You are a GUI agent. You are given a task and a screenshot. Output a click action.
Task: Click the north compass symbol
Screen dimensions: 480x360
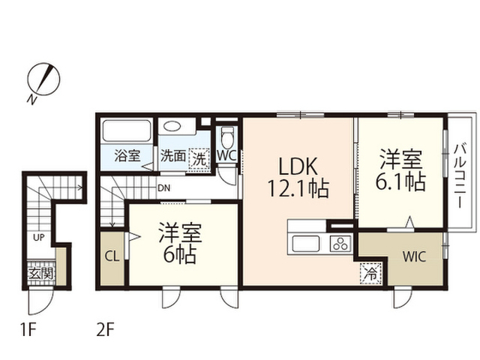[43, 79]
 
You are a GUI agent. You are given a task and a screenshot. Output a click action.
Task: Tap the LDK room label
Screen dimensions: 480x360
[298, 166]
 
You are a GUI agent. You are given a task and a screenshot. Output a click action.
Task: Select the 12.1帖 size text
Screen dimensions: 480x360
[298, 188]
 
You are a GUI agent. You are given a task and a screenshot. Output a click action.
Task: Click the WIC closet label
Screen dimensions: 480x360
[414, 256]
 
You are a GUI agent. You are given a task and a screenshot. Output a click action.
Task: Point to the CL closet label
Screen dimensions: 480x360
[112, 256]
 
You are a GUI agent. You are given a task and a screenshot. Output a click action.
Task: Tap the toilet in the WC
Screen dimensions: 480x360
[227, 138]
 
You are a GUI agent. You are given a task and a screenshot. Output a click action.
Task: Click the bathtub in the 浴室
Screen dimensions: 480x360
[127, 130]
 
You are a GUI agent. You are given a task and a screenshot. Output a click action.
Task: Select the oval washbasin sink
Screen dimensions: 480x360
[172, 126]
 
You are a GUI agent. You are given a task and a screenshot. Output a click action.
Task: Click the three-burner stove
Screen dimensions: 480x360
[340, 244]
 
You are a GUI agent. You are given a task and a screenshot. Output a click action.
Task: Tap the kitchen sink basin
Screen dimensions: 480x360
[306, 244]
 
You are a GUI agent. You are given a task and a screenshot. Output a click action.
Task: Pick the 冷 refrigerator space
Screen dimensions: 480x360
[371, 273]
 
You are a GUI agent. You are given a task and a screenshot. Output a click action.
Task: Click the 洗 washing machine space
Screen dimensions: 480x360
[199, 159]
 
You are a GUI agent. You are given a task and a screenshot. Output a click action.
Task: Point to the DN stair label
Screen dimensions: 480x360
[163, 188]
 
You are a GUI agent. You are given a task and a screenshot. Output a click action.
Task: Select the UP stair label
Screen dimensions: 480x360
[38, 237]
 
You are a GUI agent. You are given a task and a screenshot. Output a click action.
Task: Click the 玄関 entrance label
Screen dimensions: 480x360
[41, 273]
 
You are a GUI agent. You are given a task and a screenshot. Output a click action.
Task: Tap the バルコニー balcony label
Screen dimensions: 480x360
[460, 175]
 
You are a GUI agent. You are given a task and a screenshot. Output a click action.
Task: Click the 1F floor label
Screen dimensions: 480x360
[28, 330]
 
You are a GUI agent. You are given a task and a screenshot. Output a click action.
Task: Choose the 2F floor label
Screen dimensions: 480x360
[105, 330]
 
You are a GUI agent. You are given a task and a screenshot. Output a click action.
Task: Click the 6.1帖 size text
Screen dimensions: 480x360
[400, 182]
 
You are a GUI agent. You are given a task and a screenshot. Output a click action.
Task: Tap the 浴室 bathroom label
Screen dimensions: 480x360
[127, 155]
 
